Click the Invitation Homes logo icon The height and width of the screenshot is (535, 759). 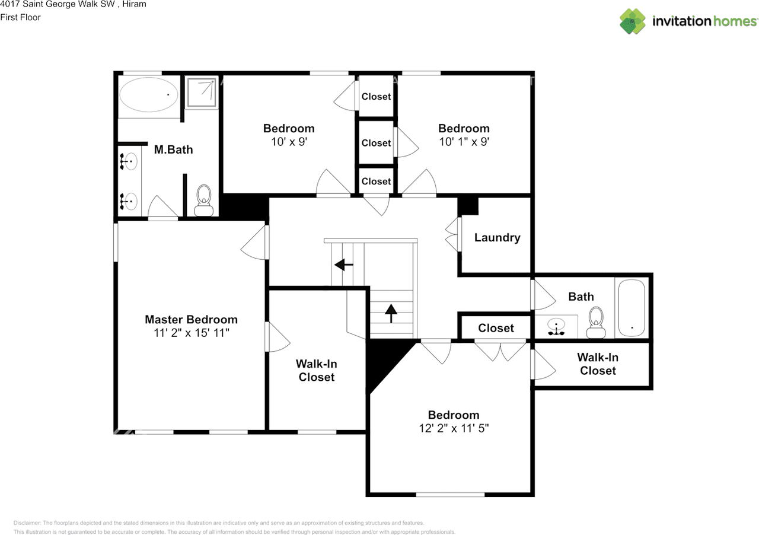(633, 21)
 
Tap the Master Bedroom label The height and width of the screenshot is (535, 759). (191, 320)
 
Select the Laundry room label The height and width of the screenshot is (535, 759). (497, 238)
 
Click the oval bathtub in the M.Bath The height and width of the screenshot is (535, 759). (149, 95)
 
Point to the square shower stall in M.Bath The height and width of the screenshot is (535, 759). (201, 92)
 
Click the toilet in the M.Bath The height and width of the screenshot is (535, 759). (203, 200)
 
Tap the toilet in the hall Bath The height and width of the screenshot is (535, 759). (595, 321)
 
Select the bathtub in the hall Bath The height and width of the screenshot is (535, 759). (631, 308)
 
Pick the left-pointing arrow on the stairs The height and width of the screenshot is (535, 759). (343, 265)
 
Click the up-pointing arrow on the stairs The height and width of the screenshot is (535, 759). (391, 313)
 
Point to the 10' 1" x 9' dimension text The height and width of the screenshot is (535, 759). (464, 142)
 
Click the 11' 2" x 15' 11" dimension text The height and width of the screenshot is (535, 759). (191, 333)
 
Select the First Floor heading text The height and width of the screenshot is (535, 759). (20, 17)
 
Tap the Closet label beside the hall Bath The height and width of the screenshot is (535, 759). (496, 328)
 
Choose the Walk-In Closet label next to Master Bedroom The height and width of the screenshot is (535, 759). (317, 371)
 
